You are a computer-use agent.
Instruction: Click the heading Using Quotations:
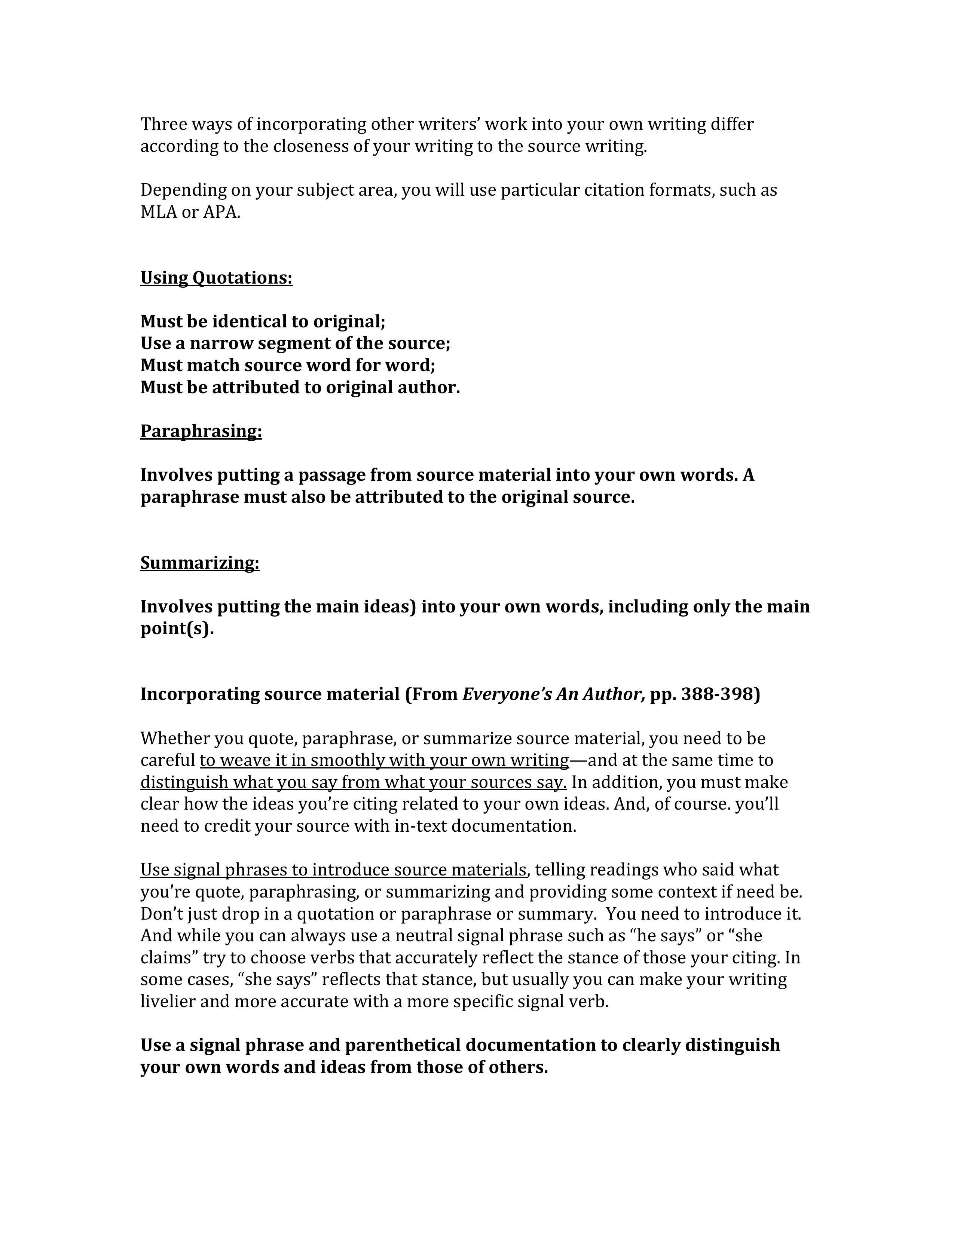[x=216, y=278]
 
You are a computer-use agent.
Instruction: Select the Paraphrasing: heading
[x=201, y=431]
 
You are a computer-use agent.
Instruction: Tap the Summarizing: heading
[x=200, y=563]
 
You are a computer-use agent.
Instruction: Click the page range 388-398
[x=718, y=694]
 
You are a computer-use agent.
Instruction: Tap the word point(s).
[x=177, y=628]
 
